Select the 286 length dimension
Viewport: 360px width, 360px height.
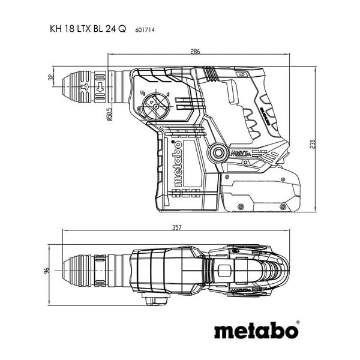pos(196,52)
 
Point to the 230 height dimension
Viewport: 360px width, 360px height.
pos(312,145)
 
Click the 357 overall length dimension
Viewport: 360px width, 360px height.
pos(177,228)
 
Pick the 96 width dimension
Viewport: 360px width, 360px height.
pos(47,271)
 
